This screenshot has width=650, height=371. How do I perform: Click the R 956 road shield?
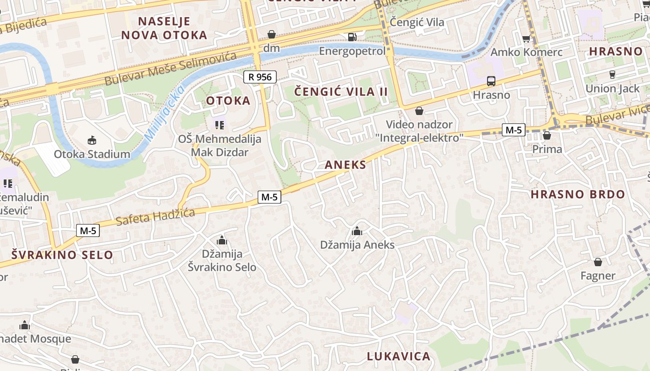[x=260, y=77]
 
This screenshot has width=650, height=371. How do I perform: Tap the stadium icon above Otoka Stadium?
[x=92, y=140]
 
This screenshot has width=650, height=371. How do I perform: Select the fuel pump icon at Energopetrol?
[x=352, y=37]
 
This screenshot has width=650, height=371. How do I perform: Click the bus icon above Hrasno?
[x=491, y=81]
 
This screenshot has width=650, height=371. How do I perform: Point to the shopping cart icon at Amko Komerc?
[x=526, y=38]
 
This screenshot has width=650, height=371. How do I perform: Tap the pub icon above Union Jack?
[x=612, y=74]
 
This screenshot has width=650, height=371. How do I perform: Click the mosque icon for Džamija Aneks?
[x=357, y=230]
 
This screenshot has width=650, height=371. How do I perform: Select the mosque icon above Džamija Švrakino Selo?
[x=222, y=240]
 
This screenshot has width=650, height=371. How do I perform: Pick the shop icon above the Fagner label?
[x=598, y=262]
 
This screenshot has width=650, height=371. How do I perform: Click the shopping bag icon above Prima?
[x=547, y=135]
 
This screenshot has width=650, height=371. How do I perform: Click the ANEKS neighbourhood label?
[x=345, y=165]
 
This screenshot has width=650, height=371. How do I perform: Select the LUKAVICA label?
[x=399, y=356]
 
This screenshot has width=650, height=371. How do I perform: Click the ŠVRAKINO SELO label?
[x=62, y=255]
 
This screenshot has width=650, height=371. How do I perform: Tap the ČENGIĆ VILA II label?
[x=341, y=91]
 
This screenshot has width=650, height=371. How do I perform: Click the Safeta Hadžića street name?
[x=155, y=216]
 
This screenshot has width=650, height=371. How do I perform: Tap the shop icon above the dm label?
[x=272, y=34]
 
